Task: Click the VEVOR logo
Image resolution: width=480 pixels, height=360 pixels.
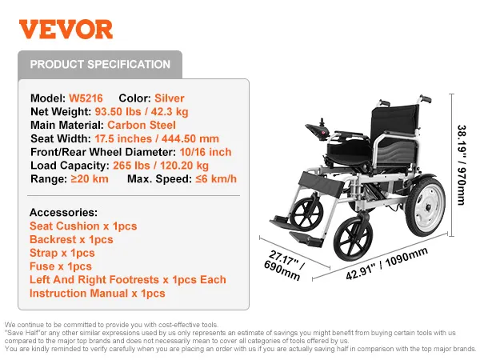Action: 66,30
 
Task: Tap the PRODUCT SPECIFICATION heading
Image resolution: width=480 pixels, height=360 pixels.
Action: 100,65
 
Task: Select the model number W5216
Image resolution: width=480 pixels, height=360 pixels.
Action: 86,98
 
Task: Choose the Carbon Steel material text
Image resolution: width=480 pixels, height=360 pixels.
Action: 139,125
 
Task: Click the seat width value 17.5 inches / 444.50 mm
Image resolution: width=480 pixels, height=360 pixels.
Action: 155,138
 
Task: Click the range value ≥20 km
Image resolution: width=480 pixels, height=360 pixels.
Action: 90,178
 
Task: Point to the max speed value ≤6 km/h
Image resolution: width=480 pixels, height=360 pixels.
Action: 216,178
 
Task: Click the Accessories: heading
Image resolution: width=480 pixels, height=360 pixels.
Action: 63,213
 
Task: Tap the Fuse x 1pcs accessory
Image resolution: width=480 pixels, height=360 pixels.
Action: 61,266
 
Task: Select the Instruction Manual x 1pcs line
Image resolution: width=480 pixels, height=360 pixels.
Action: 98,294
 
